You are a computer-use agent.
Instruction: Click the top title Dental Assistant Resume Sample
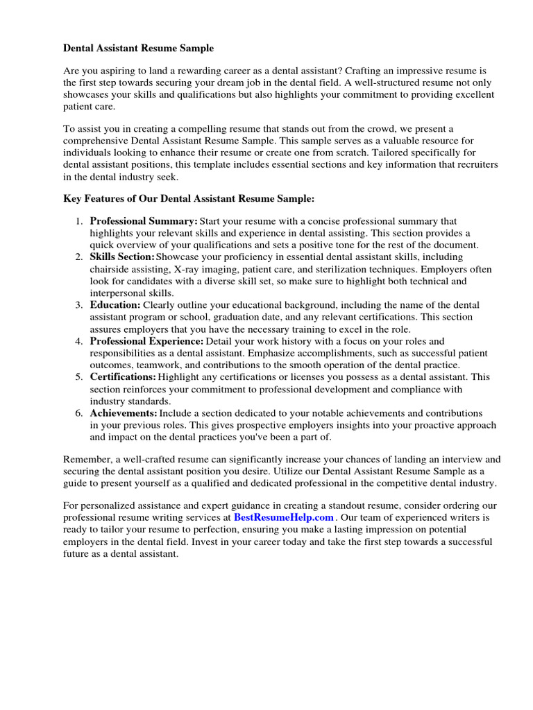point(139,48)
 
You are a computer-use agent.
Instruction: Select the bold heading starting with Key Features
point(189,198)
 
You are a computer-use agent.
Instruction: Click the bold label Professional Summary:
point(144,221)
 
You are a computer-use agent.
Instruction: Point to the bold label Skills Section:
point(122,257)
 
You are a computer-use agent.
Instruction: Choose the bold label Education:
point(115,305)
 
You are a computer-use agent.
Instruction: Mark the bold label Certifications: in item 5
point(123,377)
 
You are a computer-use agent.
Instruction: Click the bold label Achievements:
point(124,413)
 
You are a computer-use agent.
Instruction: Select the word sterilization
point(347,269)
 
